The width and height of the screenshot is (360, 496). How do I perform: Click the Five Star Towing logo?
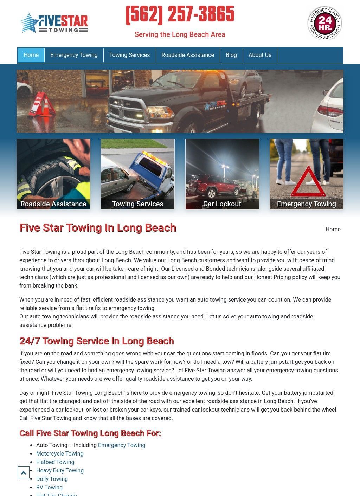point(53,23)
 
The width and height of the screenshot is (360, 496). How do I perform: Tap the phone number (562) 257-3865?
point(180,15)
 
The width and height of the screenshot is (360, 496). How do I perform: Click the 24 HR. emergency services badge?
point(324,23)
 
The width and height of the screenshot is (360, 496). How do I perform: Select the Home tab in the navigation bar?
point(31,55)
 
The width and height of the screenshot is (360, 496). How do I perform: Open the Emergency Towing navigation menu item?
point(74,55)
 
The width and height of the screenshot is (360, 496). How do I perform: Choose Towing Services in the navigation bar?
point(129,55)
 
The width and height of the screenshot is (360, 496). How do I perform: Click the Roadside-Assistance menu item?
point(188,55)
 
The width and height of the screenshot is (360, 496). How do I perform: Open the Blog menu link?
point(231,55)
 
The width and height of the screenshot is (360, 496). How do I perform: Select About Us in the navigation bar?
point(260,55)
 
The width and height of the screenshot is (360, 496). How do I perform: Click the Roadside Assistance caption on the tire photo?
point(53,204)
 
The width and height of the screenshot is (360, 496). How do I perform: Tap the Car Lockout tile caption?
point(222,204)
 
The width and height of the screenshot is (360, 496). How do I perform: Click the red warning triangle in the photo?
point(308,182)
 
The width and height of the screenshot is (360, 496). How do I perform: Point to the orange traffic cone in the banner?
point(46,105)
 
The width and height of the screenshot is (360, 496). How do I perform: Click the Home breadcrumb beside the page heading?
point(333,230)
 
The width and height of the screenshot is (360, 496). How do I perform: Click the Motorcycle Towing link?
point(60,454)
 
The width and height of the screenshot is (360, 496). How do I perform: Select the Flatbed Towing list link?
point(55,462)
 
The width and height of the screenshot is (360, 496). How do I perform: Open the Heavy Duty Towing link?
point(60,471)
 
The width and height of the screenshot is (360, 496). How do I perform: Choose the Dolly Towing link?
point(52,479)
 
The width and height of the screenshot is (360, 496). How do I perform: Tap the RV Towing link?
point(49,488)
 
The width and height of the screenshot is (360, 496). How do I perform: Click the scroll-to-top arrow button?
point(24,473)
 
